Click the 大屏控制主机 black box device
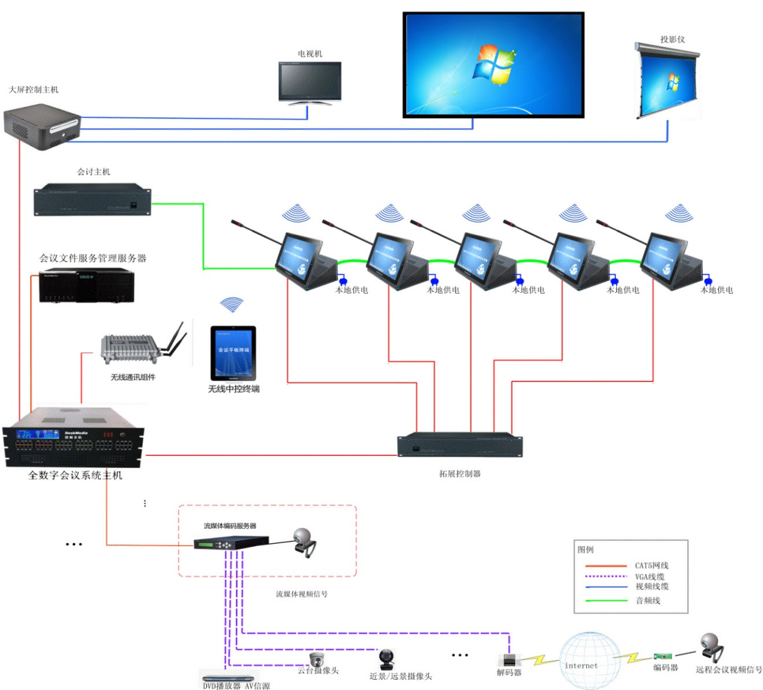[x=42, y=126]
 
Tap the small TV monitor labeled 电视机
[x=310, y=82]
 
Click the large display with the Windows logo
[x=493, y=64]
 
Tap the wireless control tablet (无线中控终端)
[x=233, y=353]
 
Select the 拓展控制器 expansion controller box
[x=460, y=445]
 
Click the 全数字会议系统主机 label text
[x=75, y=475]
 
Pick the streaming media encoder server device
[x=231, y=543]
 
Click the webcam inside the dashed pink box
[x=304, y=541]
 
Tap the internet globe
[x=590, y=661]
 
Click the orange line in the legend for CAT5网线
[x=606, y=566]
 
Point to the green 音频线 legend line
[x=606, y=600]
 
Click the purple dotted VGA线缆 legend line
[x=606, y=576]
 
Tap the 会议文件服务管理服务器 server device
[x=87, y=286]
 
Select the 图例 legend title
[x=585, y=549]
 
